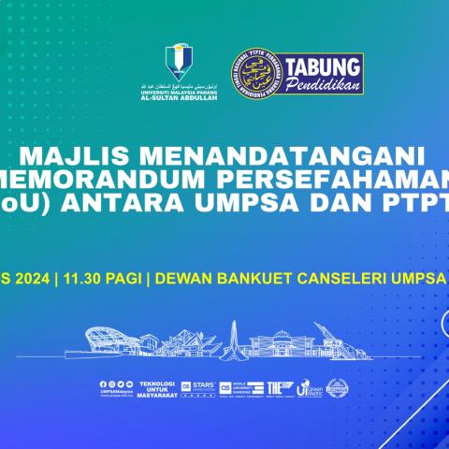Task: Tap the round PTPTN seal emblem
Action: (254, 74)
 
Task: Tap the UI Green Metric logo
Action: (309, 388)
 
